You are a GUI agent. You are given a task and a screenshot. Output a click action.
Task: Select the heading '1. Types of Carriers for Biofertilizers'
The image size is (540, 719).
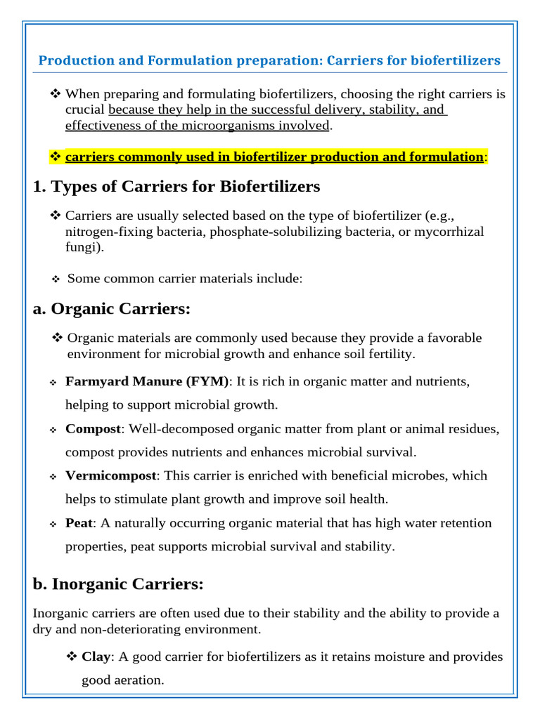click(x=176, y=187)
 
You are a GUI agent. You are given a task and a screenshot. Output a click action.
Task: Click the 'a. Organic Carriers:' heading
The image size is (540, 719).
click(x=112, y=309)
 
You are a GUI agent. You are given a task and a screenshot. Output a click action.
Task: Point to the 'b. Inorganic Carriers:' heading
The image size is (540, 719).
click(x=118, y=583)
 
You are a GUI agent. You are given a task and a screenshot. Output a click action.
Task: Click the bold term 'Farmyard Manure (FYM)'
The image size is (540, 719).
click(x=147, y=381)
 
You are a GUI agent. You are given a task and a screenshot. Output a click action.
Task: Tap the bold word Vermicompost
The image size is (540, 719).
click(x=110, y=475)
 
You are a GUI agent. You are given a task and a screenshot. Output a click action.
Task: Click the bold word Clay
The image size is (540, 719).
click(x=96, y=657)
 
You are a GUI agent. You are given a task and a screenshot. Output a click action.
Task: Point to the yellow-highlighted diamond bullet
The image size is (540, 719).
click(x=56, y=157)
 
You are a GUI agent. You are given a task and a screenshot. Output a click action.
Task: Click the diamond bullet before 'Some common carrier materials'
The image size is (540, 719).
click(x=56, y=279)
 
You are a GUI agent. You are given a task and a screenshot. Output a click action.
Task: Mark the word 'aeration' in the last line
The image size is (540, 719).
click(x=139, y=680)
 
